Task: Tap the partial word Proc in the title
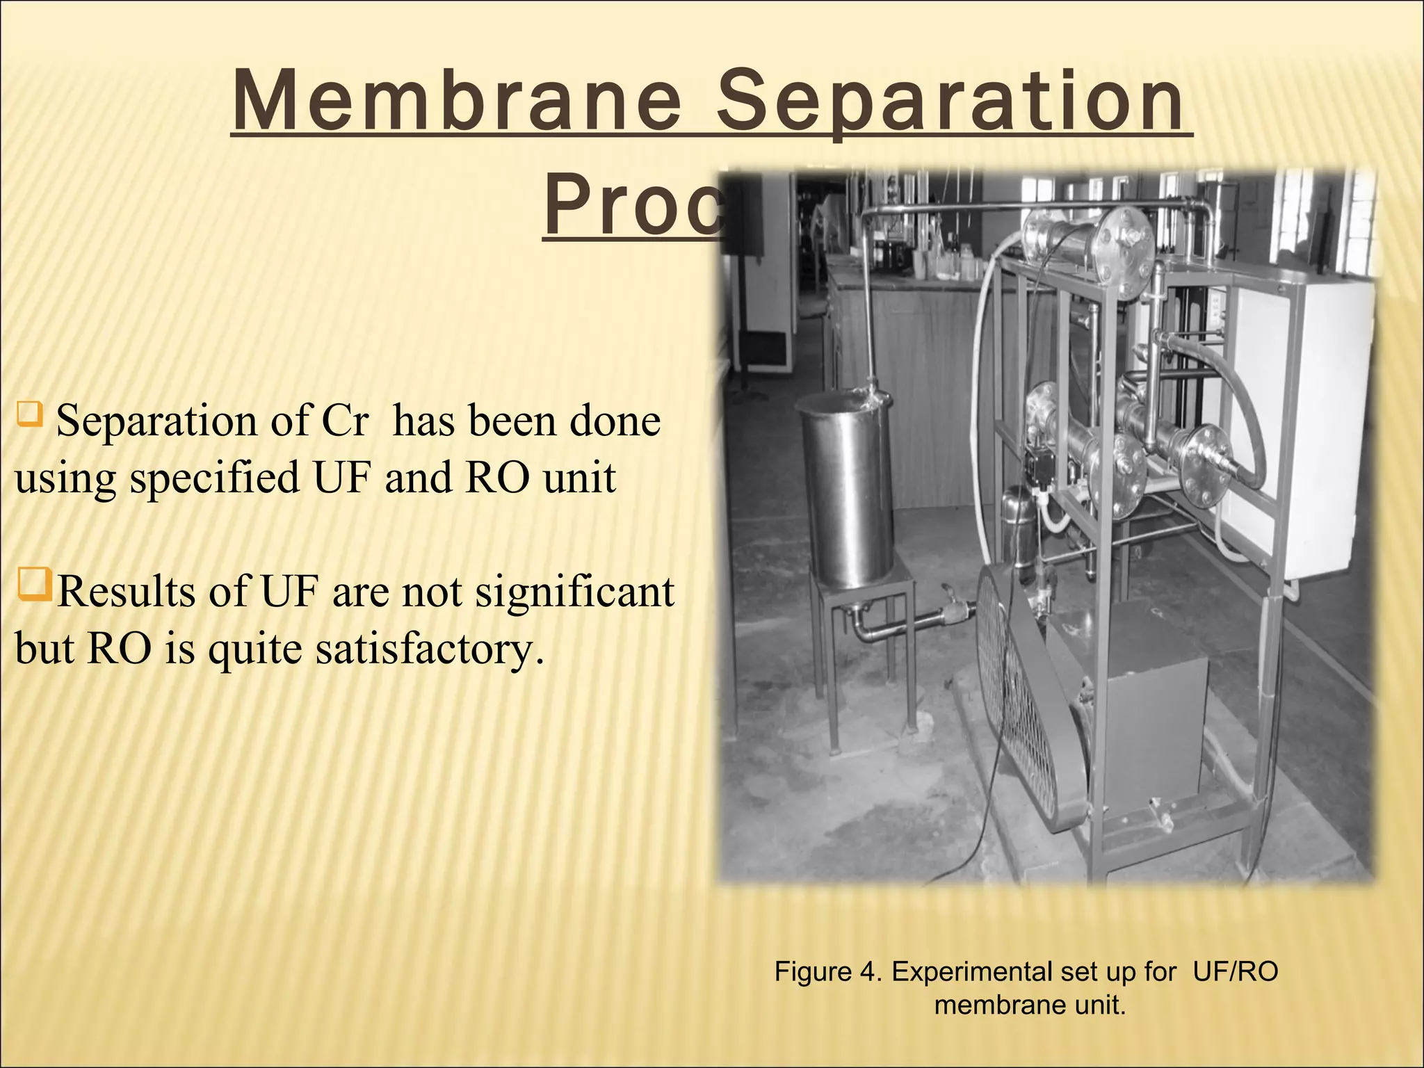pos(633,207)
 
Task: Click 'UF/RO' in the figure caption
pos(1235,972)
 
